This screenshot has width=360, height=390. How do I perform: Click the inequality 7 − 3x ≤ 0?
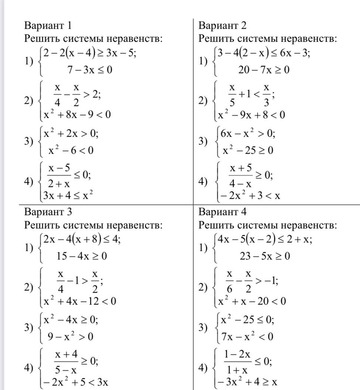pyautogui.click(x=90, y=70)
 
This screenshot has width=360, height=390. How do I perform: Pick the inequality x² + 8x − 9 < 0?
pyautogui.click(x=77, y=115)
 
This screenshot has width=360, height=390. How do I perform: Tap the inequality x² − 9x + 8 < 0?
pyautogui.click(x=251, y=115)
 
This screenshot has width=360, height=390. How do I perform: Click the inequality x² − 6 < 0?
pyautogui.click(x=68, y=150)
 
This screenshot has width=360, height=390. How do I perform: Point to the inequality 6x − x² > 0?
pyautogui.click(x=248, y=133)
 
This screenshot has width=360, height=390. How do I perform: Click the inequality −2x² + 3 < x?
pyautogui.click(x=249, y=195)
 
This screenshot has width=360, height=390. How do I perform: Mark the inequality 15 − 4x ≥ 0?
pyautogui.click(x=81, y=256)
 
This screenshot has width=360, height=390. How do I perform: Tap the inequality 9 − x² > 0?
pyautogui.click(x=68, y=336)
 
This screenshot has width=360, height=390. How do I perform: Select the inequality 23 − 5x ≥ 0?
pyautogui.click(x=265, y=256)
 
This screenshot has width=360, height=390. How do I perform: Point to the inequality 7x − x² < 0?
pyautogui.click(x=246, y=336)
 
